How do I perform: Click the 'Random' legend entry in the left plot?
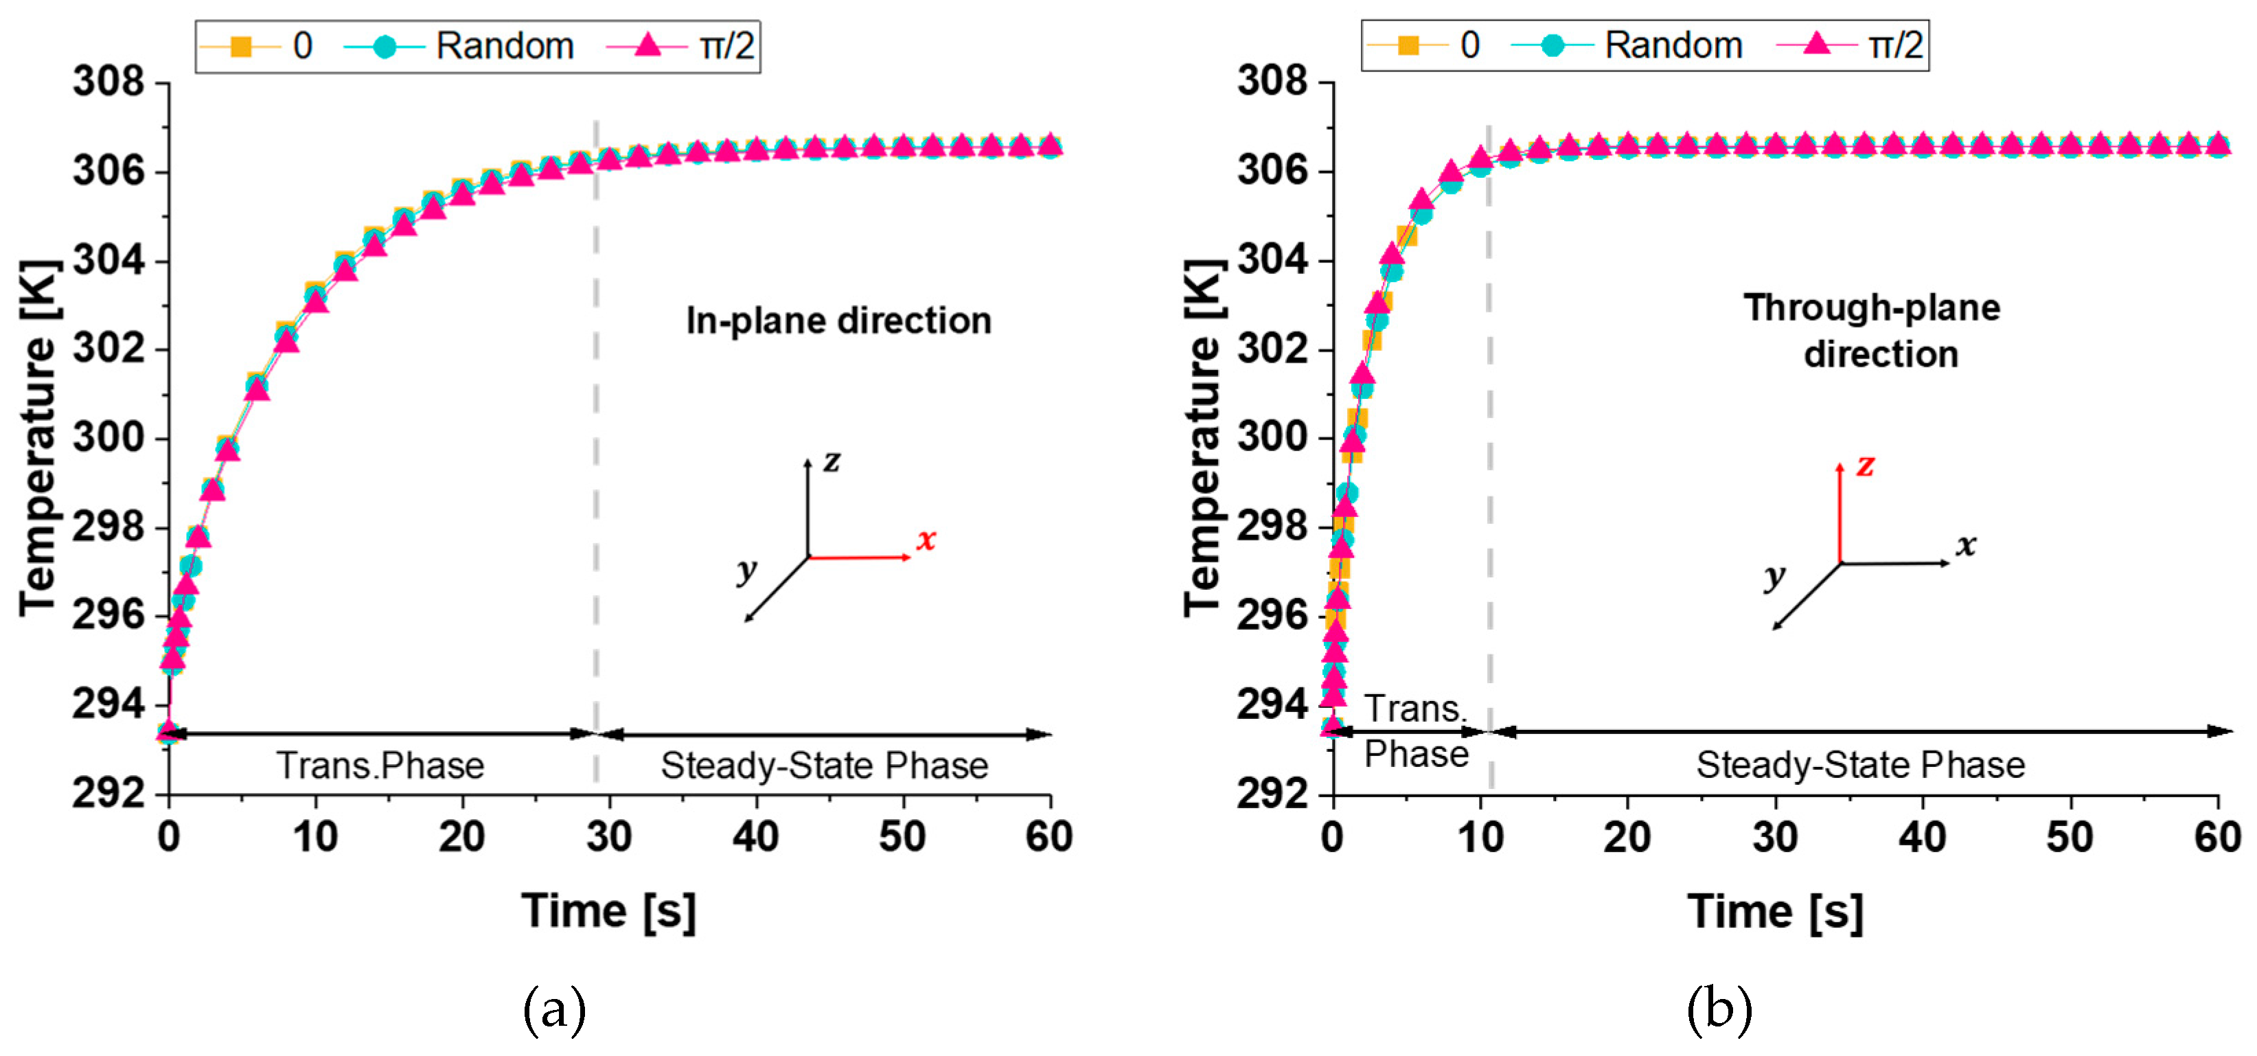(x=504, y=45)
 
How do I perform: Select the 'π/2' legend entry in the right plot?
(x=1894, y=45)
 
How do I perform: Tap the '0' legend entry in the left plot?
(x=301, y=45)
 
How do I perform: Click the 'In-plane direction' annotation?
(x=838, y=321)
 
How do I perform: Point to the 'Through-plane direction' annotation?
(x=1872, y=330)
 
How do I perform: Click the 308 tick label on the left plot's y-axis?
(x=108, y=82)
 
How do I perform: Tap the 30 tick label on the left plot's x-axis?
(x=609, y=837)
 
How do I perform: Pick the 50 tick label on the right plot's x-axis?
(x=2070, y=837)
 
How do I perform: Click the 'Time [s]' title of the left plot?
(x=609, y=910)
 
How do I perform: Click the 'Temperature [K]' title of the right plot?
(x=1202, y=437)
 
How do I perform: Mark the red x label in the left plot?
(x=926, y=539)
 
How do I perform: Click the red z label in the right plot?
(x=1866, y=466)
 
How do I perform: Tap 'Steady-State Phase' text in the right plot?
(x=1860, y=765)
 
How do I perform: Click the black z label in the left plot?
(x=832, y=461)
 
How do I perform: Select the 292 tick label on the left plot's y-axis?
(x=108, y=793)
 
